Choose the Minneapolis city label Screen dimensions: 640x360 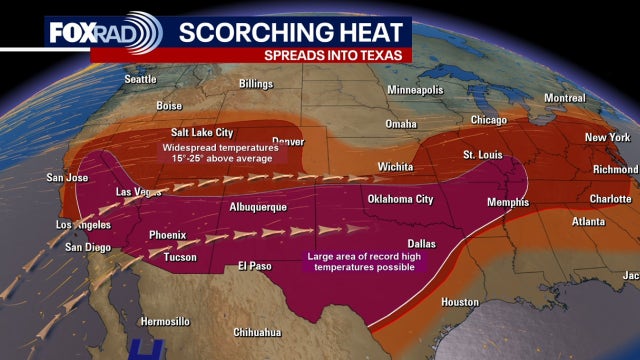[x=415, y=90]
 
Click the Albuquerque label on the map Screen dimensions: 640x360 [x=258, y=206]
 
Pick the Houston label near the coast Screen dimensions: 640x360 [x=460, y=301]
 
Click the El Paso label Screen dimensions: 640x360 [x=255, y=266]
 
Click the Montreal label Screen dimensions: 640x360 [x=564, y=98]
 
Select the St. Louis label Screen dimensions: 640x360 [x=483, y=155]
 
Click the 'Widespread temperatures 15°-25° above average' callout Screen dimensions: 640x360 [x=220, y=152]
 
